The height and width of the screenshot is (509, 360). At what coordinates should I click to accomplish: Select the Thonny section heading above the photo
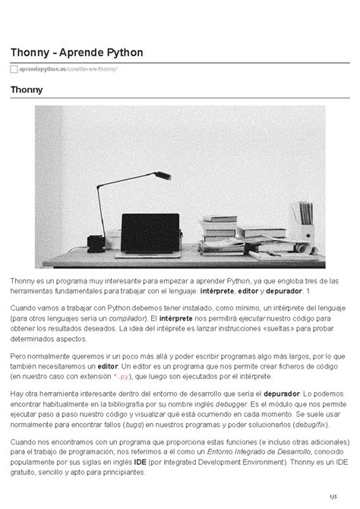27,90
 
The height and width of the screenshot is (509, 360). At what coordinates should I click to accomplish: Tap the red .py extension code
125,377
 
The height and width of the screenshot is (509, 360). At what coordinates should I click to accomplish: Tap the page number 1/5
333,498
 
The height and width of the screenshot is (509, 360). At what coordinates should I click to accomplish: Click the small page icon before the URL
14,70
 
